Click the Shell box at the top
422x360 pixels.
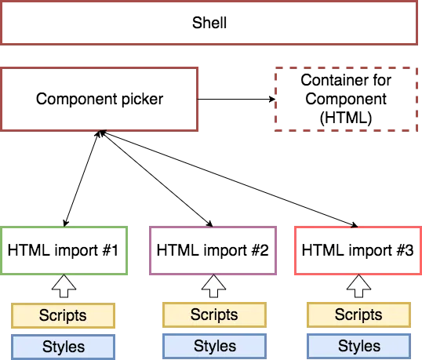pyautogui.click(x=209, y=23)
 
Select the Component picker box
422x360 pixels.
pyautogui.click(x=100, y=100)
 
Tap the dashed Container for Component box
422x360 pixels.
pyautogui.click(x=346, y=100)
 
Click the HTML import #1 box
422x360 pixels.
pyautogui.click(x=64, y=250)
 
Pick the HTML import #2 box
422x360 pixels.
pyautogui.click(x=213, y=250)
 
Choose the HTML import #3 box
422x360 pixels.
pyautogui.click(x=358, y=250)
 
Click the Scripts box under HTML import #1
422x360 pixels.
pyautogui.click(x=63, y=315)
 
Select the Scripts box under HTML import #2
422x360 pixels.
pyautogui.click(x=214, y=315)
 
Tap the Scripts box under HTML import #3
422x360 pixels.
pyautogui.click(x=358, y=315)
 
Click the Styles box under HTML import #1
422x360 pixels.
pyautogui.click(x=63, y=347)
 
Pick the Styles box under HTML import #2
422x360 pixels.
pyautogui.click(x=214, y=347)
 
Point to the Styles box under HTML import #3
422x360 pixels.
pyautogui.click(x=358, y=347)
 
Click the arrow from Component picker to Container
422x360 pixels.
pyautogui.click(x=237, y=100)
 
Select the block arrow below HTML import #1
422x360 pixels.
pyautogui.click(x=64, y=286)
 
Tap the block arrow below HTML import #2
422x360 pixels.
pyautogui.click(x=213, y=285)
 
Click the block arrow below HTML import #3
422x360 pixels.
pyautogui.click(x=358, y=285)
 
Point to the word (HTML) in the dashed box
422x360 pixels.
pyautogui.click(x=346, y=118)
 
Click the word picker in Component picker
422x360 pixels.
pyautogui.click(x=143, y=100)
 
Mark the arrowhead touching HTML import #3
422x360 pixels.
pyautogui.click(x=355, y=225)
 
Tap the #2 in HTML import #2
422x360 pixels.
pyautogui.click(x=260, y=250)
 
